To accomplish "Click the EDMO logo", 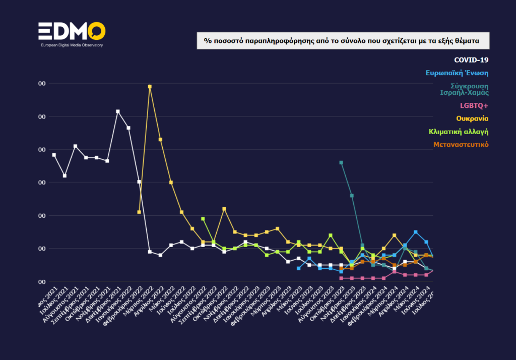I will point(72,31).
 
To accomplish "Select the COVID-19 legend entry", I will point(471,60).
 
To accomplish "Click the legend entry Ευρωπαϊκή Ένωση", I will point(457,73).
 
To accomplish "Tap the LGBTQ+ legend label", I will point(474,106).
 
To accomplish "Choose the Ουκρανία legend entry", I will point(472,118).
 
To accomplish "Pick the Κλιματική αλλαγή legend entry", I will point(458,132).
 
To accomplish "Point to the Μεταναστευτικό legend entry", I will point(461,145).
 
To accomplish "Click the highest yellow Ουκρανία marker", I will point(150,87).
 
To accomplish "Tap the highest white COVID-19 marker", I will point(118,111).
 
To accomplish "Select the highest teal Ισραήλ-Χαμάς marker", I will point(341,162).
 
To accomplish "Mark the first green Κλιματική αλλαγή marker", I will point(203,219).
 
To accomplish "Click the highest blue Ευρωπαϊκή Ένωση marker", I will point(416,232).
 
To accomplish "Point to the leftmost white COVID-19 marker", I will point(54,155).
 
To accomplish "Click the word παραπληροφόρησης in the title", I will point(271,40).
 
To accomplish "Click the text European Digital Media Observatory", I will point(72,45).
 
